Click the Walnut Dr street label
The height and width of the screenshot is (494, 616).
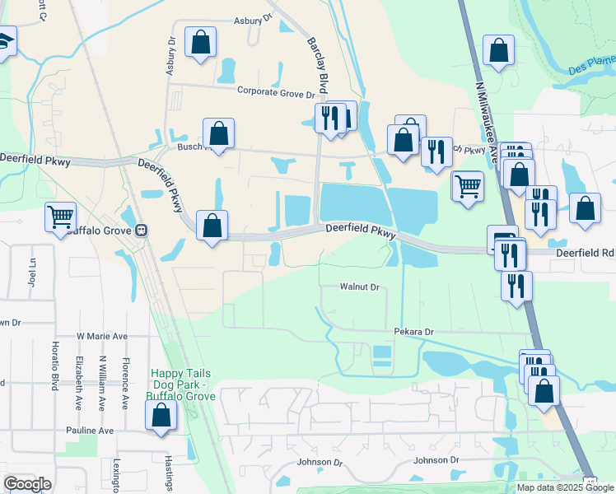coord(359,287)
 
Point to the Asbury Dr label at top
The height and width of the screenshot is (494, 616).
coord(253,19)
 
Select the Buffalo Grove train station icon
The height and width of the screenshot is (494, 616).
coord(142,231)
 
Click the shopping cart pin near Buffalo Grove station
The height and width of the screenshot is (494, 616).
coord(61,218)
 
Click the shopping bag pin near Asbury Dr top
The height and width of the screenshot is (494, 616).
coord(200,43)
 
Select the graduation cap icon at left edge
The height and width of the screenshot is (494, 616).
coord(7,41)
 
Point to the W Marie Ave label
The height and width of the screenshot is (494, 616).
coord(102,336)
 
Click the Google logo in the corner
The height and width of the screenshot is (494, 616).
coord(27,484)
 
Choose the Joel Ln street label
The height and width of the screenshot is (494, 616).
coord(34,268)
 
